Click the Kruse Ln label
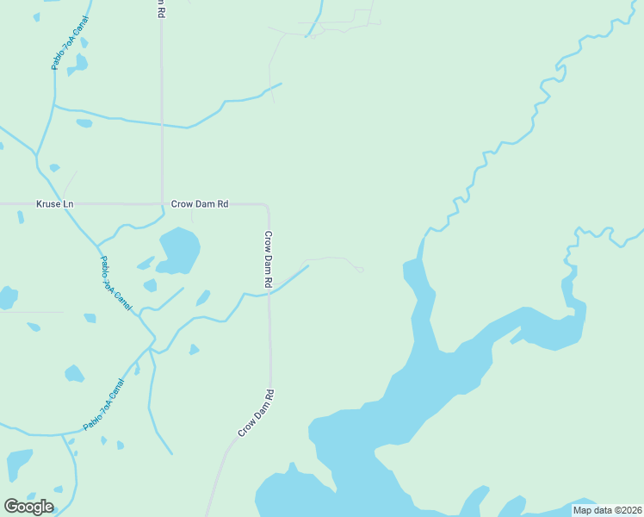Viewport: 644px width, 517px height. point(55,204)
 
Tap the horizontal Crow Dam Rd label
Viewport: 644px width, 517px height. point(200,204)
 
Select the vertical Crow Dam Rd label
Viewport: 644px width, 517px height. point(269,259)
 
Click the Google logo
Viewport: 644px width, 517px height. point(28,507)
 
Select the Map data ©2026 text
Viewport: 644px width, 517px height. point(607,510)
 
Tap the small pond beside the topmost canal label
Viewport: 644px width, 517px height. point(81,62)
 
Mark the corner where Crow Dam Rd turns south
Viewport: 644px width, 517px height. point(268,207)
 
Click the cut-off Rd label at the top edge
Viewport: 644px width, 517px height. point(160,8)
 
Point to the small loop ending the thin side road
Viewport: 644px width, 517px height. point(359,269)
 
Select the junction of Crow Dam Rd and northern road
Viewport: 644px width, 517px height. point(162,204)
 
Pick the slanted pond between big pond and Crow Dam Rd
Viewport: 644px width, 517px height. point(203,298)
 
